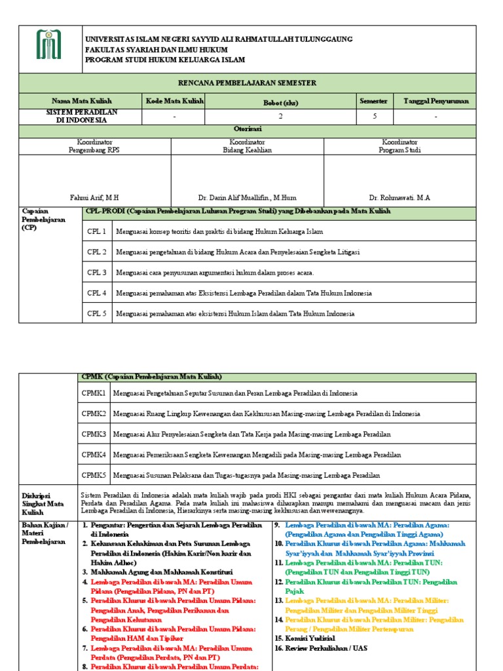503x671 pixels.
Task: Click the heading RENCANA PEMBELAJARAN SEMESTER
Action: coord(247,83)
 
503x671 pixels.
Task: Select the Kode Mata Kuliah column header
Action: coord(174,101)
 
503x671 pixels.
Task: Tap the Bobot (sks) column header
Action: coord(280,102)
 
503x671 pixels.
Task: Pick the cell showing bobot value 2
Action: coord(280,116)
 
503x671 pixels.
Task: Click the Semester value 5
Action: coord(373,116)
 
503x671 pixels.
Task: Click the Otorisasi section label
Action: coord(248,130)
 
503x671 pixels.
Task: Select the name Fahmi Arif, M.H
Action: coord(94,197)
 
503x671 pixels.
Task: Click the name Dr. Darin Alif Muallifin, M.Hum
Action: coord(247,197)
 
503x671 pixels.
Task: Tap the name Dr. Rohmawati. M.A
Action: coord(400,197)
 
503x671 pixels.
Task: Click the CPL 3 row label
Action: coord(97,273)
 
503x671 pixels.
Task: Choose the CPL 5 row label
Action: coord(97,314)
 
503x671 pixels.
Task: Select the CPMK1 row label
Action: coord(94,393)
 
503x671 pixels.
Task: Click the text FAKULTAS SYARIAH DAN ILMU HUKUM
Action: coord(157,50)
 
